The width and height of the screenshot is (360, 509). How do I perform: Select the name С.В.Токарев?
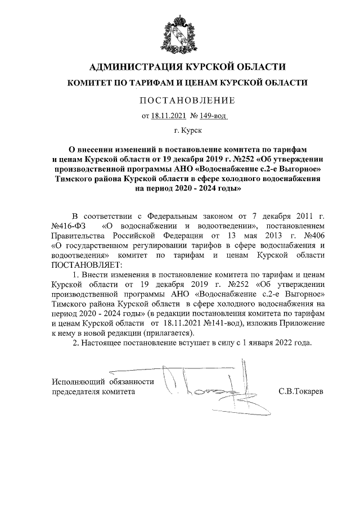tap(300, 390)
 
